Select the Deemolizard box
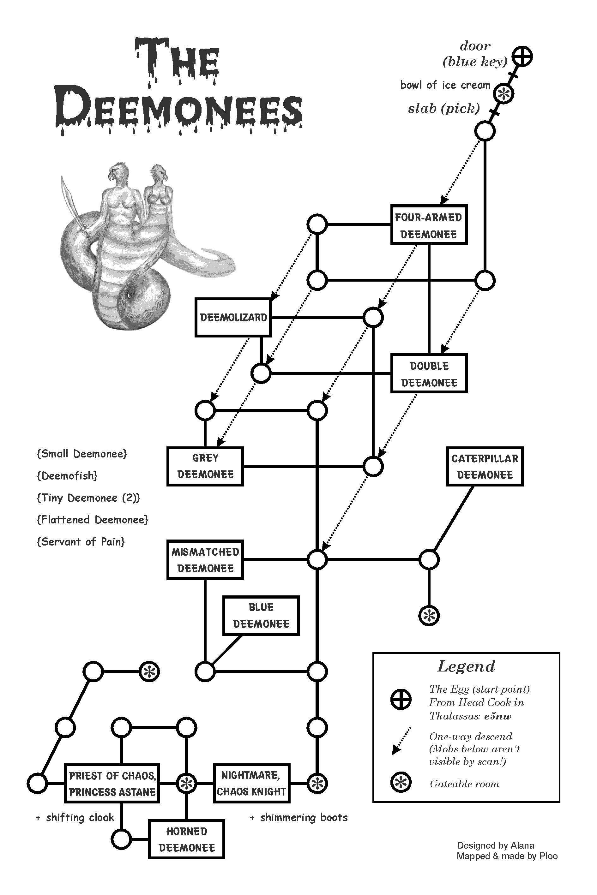coord(233,317)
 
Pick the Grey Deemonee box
coord(205,466)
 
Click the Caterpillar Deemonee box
coord(485,466)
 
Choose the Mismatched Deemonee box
coord(205,560)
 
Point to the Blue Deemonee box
coord(261,616)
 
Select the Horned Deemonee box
coord(187,839)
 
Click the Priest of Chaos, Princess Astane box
coord(112,783)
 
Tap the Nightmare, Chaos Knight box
coord(251,783)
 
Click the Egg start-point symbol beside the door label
coord(522,56)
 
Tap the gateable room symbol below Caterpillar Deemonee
coord(429,615)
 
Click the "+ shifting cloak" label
coord(75,817)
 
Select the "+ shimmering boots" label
coord(299,817)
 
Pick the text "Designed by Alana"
coord(495,845)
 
